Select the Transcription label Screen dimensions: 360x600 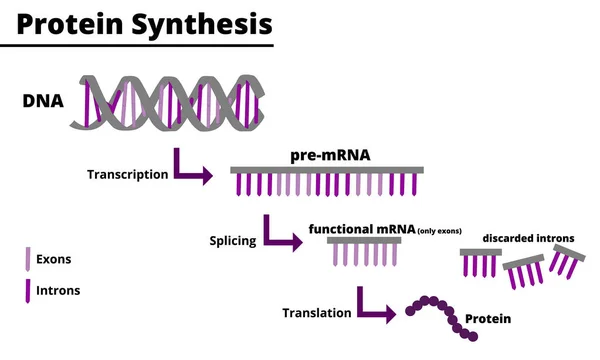click(x=128, y=174)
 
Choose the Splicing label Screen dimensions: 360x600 click(x=232, y=241)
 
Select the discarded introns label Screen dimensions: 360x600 click(x=528, y=238)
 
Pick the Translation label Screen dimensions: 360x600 click(x=317, y=312)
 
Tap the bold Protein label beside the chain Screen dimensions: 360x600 click(x=488, y=319)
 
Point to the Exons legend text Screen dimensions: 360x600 click(x=53, y=259)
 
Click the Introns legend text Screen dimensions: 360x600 click(x=57, y=291)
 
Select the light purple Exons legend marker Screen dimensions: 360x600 click(x=28, y=259)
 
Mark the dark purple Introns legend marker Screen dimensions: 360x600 click(x=28, y=291)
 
